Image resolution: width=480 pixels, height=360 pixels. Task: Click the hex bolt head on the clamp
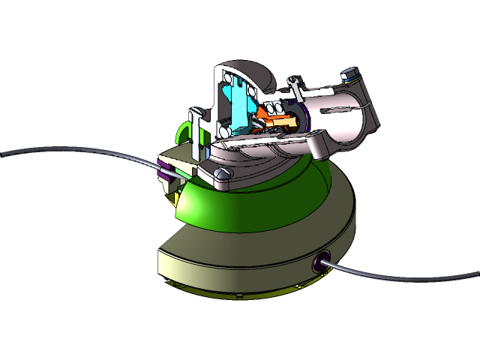(349, 74)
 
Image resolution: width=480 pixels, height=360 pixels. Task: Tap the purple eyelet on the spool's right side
(319, 261)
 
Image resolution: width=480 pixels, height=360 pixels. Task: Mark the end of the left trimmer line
(4, 154)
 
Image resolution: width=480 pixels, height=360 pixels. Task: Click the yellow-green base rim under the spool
(247, 292)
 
